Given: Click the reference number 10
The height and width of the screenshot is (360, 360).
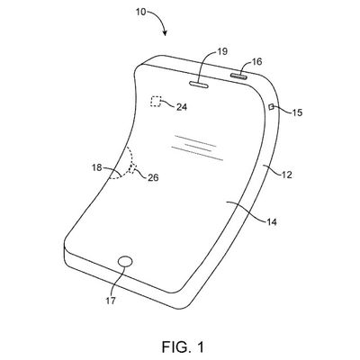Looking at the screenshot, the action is pos(140,12).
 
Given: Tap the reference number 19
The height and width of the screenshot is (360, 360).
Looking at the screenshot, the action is pos(222,51).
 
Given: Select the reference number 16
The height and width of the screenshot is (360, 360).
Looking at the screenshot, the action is pos(256,61).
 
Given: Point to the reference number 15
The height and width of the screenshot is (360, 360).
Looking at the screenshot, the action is pos(298,112).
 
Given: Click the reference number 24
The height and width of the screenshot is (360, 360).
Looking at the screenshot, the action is pos(182,107).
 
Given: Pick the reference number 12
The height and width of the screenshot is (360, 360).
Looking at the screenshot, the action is pos(287,175).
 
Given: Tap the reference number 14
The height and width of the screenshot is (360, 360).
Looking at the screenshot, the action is pos(271,222).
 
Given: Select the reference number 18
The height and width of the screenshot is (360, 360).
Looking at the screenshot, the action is pos(97,167).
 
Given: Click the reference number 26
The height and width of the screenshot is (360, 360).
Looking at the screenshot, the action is pos(153,178).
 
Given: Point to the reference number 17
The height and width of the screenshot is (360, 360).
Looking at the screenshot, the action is pos(111,301).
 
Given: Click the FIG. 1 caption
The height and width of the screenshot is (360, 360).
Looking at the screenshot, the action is pos(183,346).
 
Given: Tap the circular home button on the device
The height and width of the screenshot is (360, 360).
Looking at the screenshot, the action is pos(125,262).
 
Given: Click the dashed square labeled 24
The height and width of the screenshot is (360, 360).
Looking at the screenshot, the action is pos(156,102).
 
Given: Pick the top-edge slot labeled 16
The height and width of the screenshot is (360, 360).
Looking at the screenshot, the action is pos(239,76).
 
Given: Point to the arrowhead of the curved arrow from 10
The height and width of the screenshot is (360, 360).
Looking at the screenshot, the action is pos(165,33).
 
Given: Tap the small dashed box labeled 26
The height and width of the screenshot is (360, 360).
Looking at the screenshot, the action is pos(132,168).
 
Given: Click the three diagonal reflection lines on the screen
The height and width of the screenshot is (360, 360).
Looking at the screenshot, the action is pos(198,148).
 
